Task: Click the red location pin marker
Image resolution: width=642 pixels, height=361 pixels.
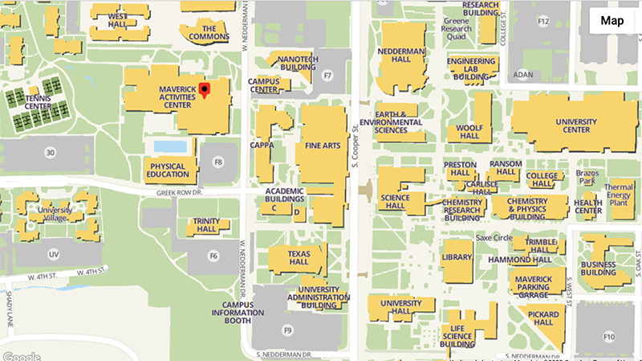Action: [205, 89]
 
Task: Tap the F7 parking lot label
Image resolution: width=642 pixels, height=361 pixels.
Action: [327, 76]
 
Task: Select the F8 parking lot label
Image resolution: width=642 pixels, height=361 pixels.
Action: [217, 162]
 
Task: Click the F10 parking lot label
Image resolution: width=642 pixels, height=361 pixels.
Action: [609, 336]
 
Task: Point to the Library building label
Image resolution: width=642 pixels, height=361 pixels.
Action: [457, 256]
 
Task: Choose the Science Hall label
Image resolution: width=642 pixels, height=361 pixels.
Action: [395, 202]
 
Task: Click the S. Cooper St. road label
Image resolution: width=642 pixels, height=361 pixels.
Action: [353, 145]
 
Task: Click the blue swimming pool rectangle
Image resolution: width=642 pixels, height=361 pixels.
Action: [170, 146]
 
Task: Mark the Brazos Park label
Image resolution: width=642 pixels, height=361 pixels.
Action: [587, 178]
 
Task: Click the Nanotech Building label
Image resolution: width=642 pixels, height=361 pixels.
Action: [298, 64]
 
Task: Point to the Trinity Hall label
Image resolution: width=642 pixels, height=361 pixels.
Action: [205, 224]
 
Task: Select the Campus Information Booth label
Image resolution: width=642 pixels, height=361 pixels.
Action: [233, 313]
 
